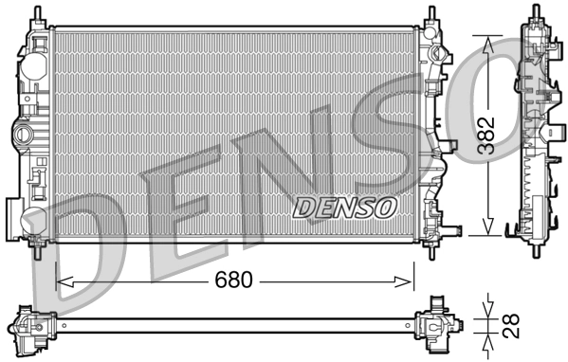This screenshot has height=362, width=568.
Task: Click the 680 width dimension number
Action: point(233,281)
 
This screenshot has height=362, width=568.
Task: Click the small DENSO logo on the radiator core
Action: point(344,206)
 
